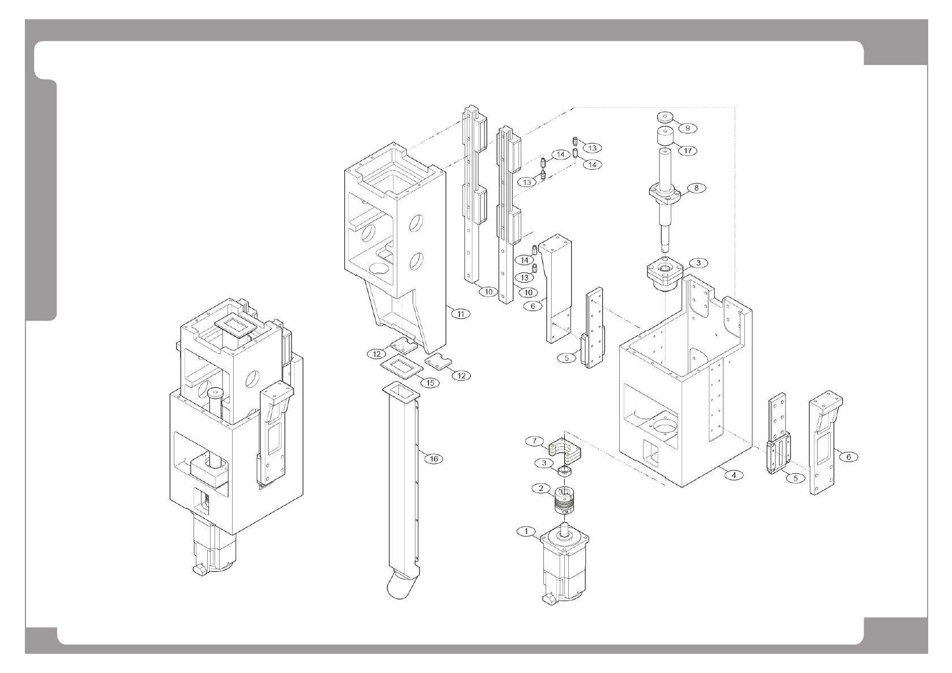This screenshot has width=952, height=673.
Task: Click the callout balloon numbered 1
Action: click(x=526, y=531)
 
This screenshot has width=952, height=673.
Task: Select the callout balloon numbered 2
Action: click(x=541, y=488)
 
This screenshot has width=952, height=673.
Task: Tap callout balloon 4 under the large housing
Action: click(x=734, y=475)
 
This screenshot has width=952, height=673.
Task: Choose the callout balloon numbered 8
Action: click(x=696, y=188)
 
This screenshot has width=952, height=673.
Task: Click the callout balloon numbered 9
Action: click(x=687, y=128)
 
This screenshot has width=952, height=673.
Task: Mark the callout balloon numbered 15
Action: click(x=430, y=383)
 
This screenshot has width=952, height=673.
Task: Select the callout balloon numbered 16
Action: click(x=434, y=459)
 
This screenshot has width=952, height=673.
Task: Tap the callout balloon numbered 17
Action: click(x=688, y=151)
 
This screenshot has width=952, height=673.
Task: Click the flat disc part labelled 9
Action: click(x=664, y=118)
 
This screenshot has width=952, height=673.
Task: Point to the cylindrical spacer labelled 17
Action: click(x=664, y=137)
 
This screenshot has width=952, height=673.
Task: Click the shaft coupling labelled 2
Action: click(x=564, y=499)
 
